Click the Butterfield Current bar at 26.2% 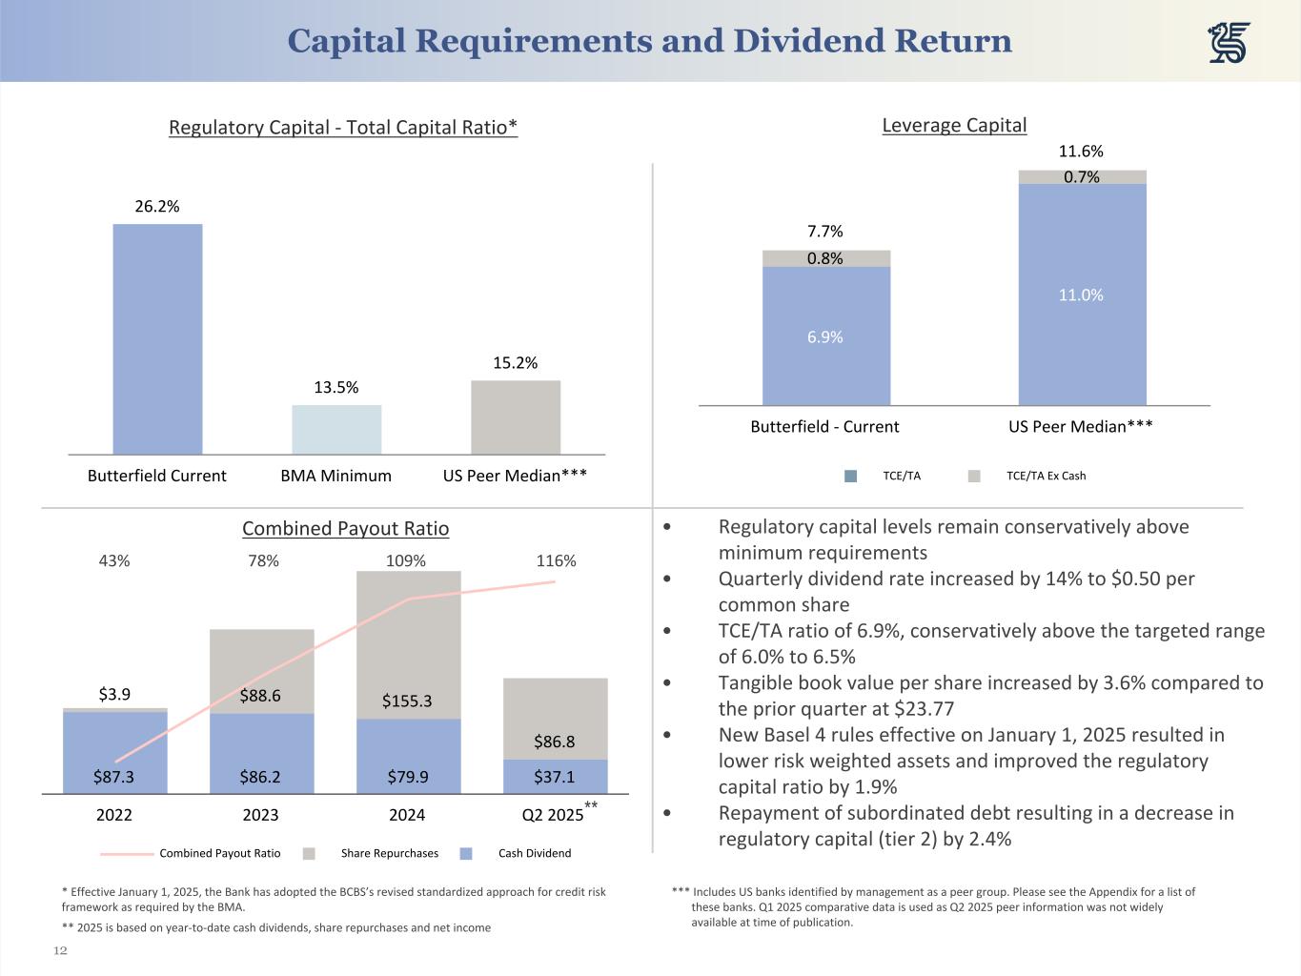157,338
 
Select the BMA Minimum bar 336,430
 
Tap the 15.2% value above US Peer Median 515,363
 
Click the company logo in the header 1229,43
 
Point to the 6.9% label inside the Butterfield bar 824,337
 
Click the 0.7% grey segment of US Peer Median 1082,177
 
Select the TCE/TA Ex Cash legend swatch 974,476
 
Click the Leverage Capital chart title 954,125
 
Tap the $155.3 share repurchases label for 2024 407,701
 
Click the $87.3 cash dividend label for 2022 113,777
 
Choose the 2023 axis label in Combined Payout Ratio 260,815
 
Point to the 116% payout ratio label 556,561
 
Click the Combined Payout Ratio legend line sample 127,854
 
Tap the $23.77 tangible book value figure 924,709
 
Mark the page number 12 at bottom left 60,950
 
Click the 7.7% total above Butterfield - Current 824,232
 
